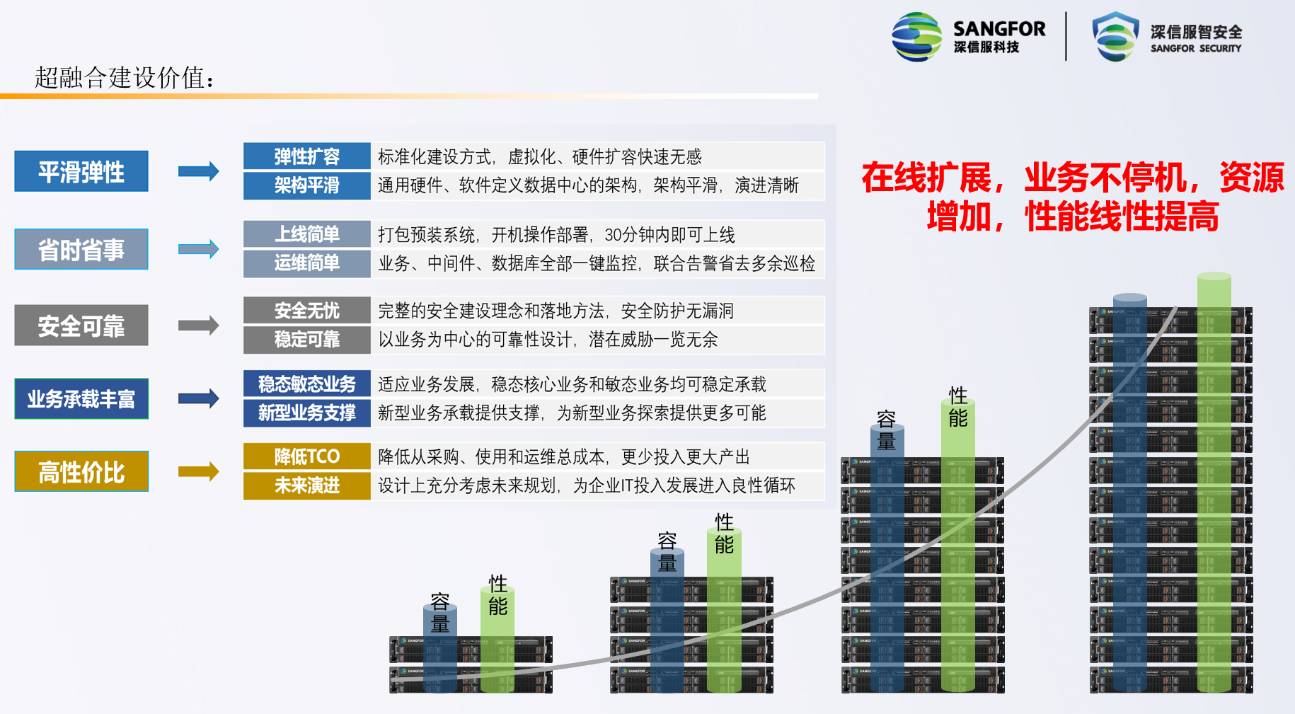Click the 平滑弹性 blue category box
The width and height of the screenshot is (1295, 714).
pyautogui.click(x=81, y=171)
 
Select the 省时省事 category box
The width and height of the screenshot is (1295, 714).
pyautogui.click(x=81, y=249)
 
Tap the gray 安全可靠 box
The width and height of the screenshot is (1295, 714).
pyautogui.click(x=81, y=326)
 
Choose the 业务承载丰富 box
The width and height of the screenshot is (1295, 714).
pyautogui.click(x=81, y=399)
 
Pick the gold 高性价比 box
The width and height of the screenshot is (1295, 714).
pyautogui.click(x=81, y=472)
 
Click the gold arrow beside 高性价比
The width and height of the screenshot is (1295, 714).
pyautogui.click(x=199, y=471)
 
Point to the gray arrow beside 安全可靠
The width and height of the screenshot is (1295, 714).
pyautogui.click(x=199, y=326)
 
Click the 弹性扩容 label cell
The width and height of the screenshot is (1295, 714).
pyautogui.click(x=307, y=156)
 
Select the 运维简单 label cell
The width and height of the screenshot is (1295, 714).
pyautogui.click(x=307, y=263)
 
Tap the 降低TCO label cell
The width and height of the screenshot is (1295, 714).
pyautogui.click(x=307, y=456)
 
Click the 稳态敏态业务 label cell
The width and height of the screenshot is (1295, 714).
pyautogui.click(x=307, y=384)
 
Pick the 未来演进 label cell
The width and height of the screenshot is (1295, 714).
pyautogui.click(x=307, y=485)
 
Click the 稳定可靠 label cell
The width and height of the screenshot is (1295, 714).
pyautogui.click(x=307, y=340)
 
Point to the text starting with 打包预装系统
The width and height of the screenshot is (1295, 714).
pyautogui.click(x=556, y=234)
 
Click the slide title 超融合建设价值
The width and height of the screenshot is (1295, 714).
pyautogui.click(x=125, y=77)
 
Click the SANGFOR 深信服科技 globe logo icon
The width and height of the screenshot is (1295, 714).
pyautogui.click(x=917, y=37)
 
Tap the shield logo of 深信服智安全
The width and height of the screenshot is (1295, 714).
pyautogui.click(x=1116, y=37)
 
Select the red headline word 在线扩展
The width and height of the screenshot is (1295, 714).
pyautogui.click(x=927, y=178)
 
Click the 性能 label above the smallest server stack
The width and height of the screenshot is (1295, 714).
pyautogui.click(x=497, y=595)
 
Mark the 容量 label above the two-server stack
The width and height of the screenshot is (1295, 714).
pyautogui.click(x=440, y=613)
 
